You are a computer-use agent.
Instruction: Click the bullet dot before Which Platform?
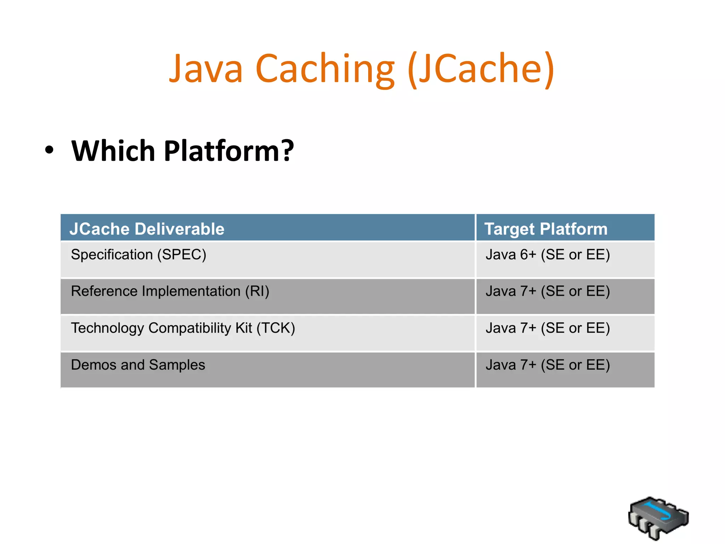pos(50,150)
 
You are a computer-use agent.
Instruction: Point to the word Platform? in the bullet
pos(229,151)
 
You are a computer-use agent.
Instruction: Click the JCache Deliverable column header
pos(147,229)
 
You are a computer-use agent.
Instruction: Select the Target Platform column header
pos(546,229)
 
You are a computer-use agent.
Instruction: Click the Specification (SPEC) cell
pos(138,255)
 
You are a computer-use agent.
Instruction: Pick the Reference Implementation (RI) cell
pos(170,291)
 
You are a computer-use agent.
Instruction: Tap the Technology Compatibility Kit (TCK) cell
pos(183,328)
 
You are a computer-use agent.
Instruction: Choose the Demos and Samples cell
pos(138,365)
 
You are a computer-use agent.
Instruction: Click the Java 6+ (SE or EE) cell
pos(548,255)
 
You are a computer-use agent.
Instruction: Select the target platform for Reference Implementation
pos(548,291)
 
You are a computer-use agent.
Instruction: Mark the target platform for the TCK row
pos(548,328)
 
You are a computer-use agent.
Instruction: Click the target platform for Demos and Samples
pos(548,365)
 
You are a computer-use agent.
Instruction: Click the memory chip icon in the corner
pos(658,517)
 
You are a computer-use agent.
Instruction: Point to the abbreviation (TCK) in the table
pos(275,328)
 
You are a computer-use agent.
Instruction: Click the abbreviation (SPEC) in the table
pos(182,255)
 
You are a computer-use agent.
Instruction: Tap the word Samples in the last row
pos(177,365)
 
